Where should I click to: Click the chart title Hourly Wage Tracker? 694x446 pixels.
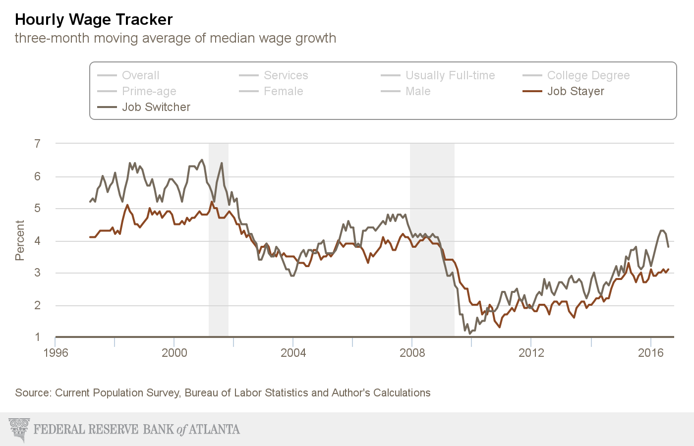pos(94,19)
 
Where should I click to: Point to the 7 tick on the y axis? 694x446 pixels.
pos(38,144)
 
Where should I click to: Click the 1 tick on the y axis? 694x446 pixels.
pos(38,337)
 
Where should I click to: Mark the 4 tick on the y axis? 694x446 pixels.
pos(38,241)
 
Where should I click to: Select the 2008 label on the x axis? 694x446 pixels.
pos(412,353)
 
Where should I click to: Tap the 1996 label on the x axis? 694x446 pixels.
pos(56,353)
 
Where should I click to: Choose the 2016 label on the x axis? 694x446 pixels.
pos(650,353)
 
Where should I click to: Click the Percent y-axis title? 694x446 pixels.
pos(20,240)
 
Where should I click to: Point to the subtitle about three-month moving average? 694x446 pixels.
pos(175,38)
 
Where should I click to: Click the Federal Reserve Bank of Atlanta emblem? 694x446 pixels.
pos(19,429)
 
